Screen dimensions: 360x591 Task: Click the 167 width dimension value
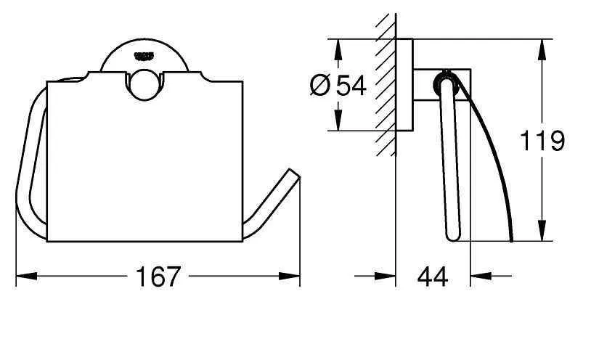pos(158,276)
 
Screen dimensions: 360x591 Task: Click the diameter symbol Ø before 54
pos(320,86)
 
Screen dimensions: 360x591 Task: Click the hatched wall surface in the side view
pos(386,80)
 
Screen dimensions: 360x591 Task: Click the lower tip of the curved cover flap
pos(512,240)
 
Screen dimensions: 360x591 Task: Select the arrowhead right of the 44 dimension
pos(478,276)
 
